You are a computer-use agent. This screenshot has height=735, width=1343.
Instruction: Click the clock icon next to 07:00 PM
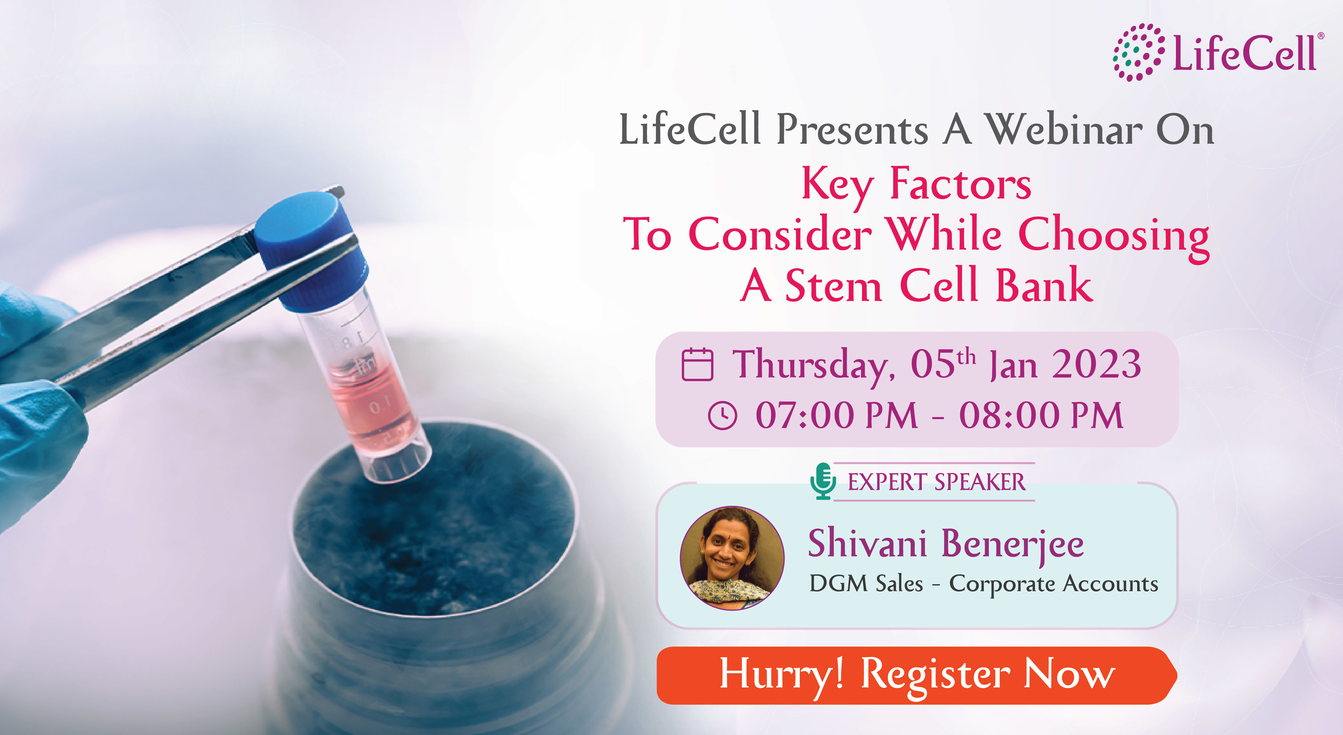pyautogui.click(x=722, y=416)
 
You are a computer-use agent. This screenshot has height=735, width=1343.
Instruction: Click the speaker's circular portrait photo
pyautogui.click(x=732, y=558)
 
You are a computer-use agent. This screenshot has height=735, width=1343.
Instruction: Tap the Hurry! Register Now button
pyautogui.click(x=916, y=675)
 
